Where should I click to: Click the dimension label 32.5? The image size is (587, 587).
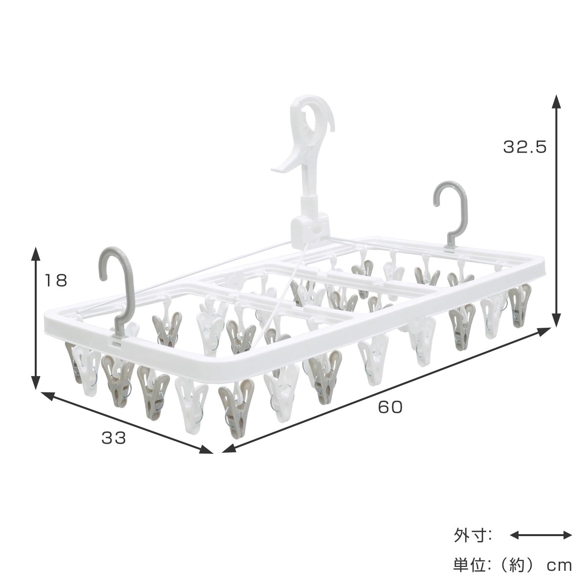tap(524, 147)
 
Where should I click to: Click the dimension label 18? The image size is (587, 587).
tap(56, 280)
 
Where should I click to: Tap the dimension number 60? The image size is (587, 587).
tap(390, 406)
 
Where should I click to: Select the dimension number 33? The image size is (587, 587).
tap(113, 438)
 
